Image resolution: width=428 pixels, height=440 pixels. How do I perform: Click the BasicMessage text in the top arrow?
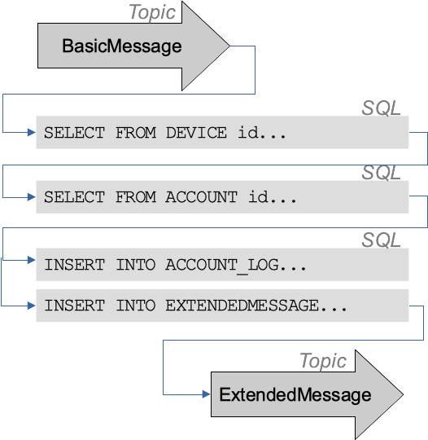pyautogui.click(x=121, y=46)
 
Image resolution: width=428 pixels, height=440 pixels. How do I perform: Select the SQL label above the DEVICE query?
pyautogui.click(x=381, y=108)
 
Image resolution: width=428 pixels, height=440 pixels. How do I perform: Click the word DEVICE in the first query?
pyautogui.click(x=196, y=132)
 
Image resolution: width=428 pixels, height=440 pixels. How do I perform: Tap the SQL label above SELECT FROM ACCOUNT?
pyautogui.click(x=381, y=174)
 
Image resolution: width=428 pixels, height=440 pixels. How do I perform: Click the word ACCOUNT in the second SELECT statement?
pyautogui.click(x=201, y=197)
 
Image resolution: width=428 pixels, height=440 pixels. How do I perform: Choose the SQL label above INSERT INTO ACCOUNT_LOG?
pyautogui.click(x=381, y=240)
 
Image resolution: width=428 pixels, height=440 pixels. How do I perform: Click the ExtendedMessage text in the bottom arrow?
pyautogui.click(x=295, y=395)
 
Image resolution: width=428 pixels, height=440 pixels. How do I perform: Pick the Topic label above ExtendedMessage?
pyautogui.click(x=323, y=361)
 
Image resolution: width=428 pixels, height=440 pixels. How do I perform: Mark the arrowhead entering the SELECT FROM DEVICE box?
pyautogui.click(x=32, y=132)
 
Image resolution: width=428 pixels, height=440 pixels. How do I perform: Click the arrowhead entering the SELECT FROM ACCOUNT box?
pyautogui.click(x=32, y=197)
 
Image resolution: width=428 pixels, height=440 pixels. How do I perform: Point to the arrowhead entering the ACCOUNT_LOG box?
pyautogui.click(x=32, y=262)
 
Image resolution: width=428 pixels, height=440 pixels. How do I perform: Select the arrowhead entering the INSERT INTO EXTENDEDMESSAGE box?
pyautogui.click(x=32, y=306)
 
